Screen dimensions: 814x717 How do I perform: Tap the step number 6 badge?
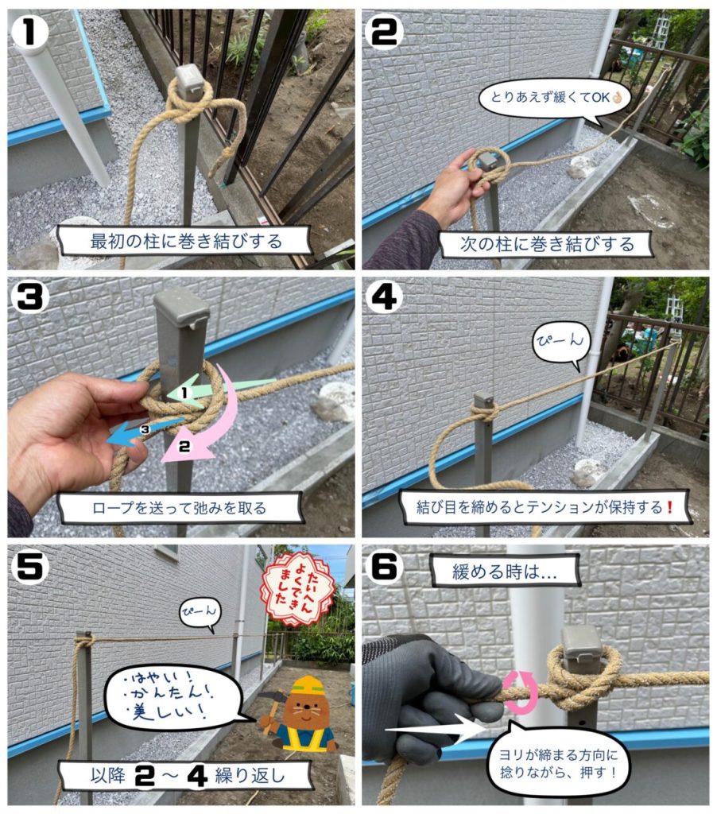[386, 566]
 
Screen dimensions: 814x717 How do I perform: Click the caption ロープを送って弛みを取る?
[180, 507]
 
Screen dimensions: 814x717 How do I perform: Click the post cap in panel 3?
[181, 310]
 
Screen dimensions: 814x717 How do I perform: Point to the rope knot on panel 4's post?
[485, 410]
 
